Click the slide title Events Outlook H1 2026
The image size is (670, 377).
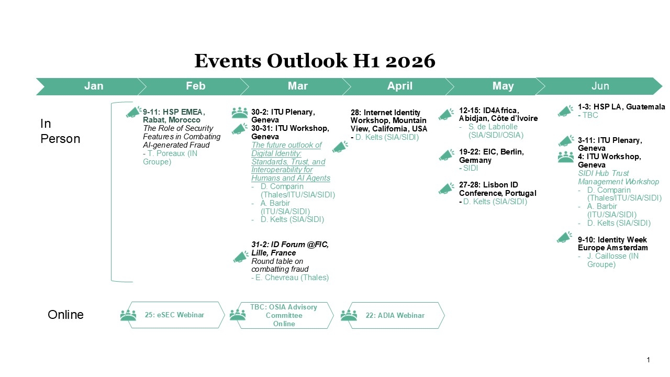(x=315, y=61)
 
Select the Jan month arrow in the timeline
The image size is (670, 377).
(x=93, y=86)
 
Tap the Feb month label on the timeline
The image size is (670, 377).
(x=195, y=86)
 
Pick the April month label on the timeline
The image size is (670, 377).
(x=399, y=86)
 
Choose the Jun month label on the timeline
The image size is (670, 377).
(x=600, y=86)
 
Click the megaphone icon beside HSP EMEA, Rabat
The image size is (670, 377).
(x=133, y=112)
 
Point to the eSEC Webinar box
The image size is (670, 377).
(x=174, y=315)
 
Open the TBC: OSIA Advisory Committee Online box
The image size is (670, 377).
(x=284, y=315)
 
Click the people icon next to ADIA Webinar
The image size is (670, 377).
(x=349, y=315)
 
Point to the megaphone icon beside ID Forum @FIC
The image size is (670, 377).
(x=241, y=257)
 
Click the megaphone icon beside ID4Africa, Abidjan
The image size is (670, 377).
(x=446, y=114)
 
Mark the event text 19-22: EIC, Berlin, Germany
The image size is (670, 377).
(x=491, y=156)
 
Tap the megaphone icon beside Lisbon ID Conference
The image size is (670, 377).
(x=446, y=188)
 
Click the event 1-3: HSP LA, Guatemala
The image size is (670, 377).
(x=621, y=107)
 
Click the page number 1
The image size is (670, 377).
(x=648, y=360)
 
